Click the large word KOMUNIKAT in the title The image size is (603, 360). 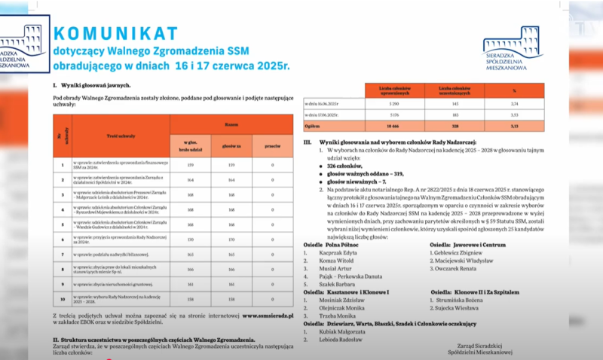[115, 33]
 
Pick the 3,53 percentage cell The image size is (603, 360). [513, 115]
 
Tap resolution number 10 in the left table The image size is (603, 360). [63, 298]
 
